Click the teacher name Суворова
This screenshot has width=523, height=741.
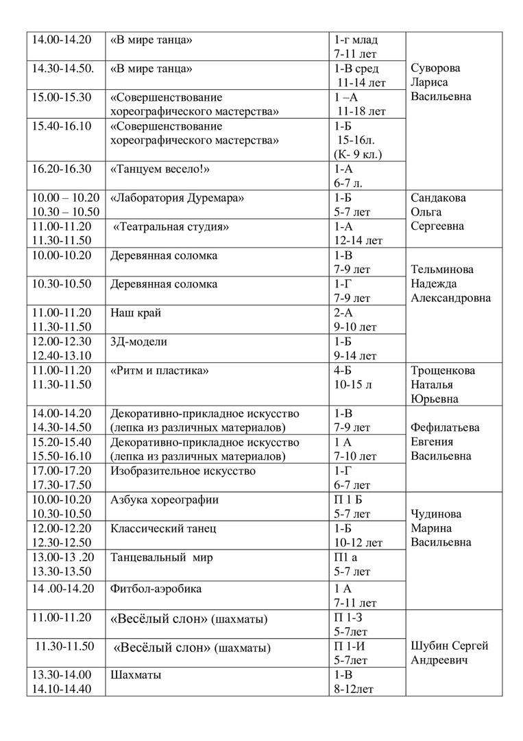click(x=435, y=69)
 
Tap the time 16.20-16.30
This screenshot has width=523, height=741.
click(x=62, y=169)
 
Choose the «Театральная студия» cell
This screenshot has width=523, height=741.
click(x=171, y=226)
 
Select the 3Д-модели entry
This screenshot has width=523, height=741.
click(x=138, y=342)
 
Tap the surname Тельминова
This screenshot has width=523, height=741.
click(x=442, y=270)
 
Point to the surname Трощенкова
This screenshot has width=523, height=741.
click(x=443, y=370)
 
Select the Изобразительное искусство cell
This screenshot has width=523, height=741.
click(x=183, y=471)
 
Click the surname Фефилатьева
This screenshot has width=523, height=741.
click(x=445, y=427)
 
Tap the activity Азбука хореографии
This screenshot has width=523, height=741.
click(x=165, y=499)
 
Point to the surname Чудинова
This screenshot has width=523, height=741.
click(x=435, y=514)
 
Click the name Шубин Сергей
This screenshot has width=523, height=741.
click(x=450, y=646)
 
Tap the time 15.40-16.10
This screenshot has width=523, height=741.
click(x=62, y=126)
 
